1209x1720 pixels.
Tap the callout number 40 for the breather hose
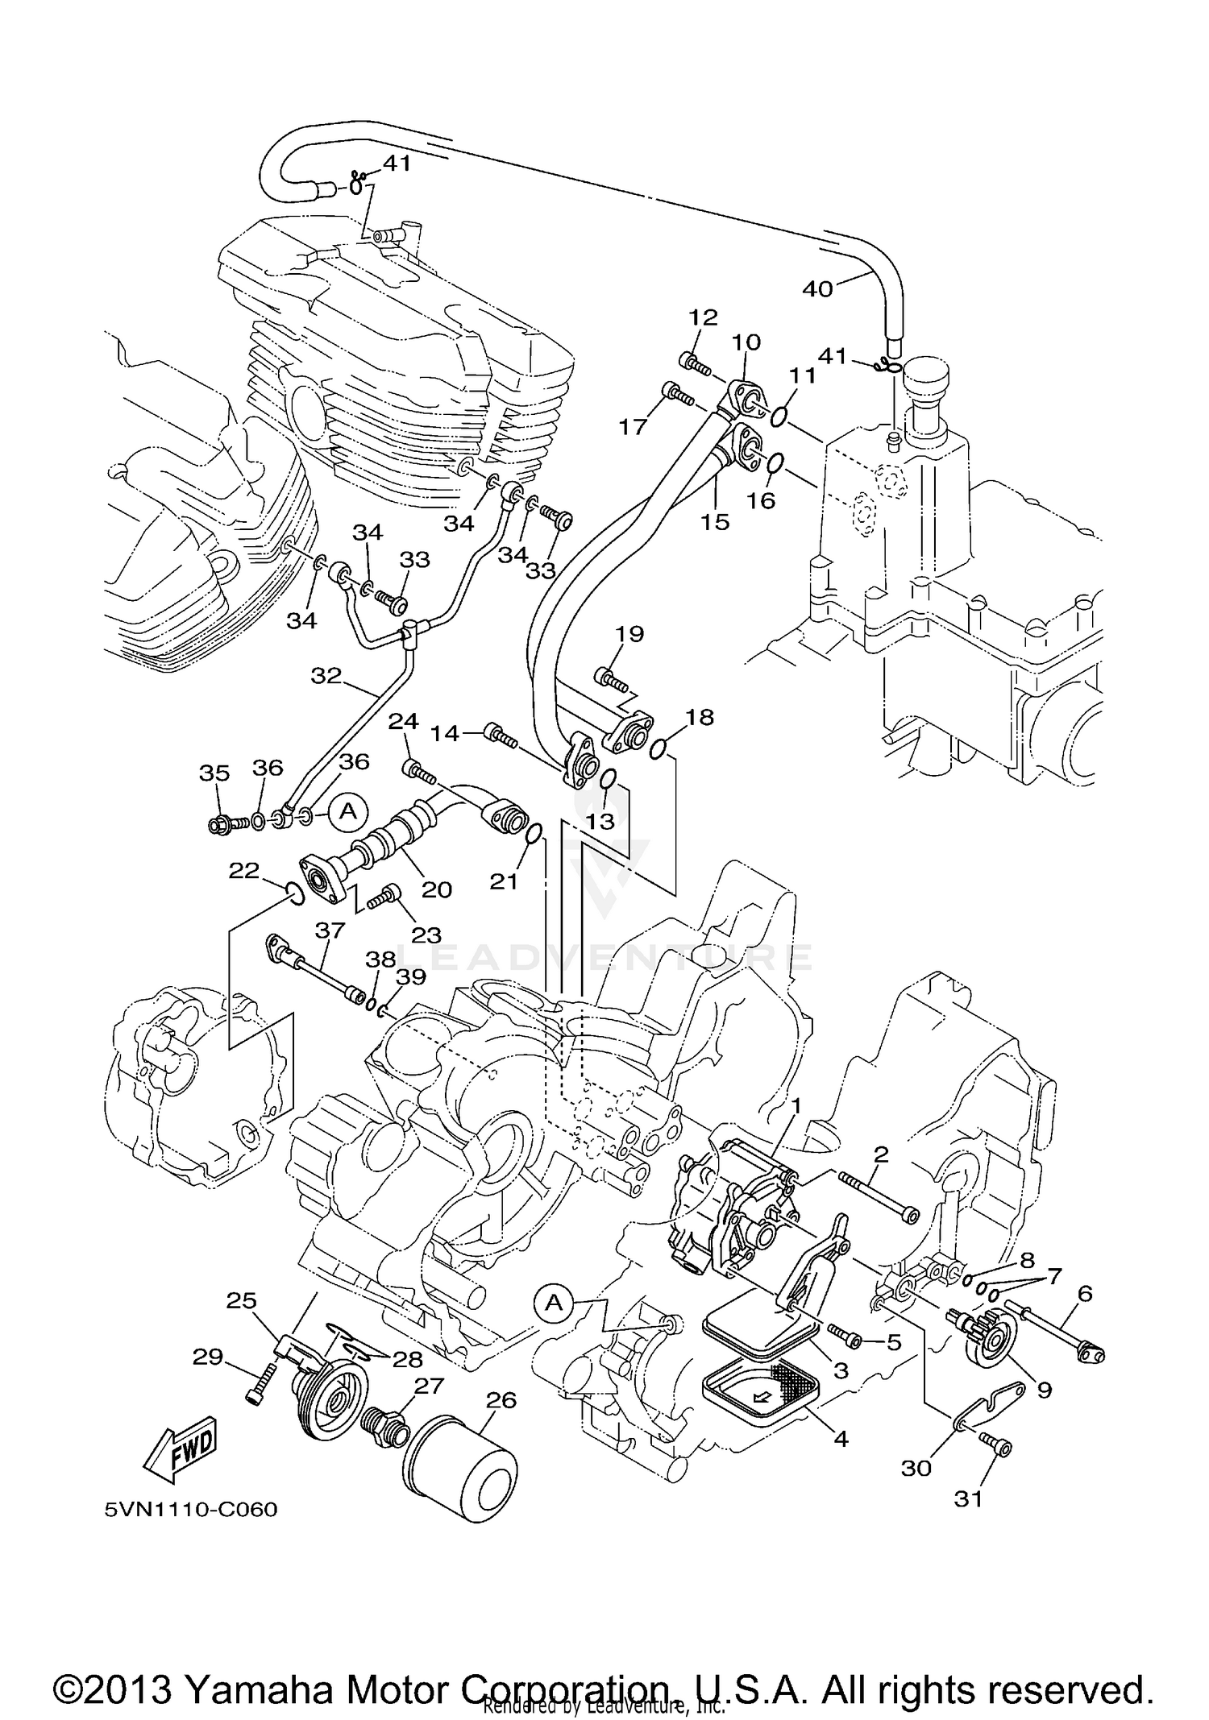(817, 288)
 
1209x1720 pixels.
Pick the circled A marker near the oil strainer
(553, 1303)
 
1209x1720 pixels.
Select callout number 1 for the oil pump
(795, 1107)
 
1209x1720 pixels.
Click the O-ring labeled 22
(294, 892)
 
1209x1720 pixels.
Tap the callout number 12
(702, 317)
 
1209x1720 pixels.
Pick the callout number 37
(330, 930)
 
